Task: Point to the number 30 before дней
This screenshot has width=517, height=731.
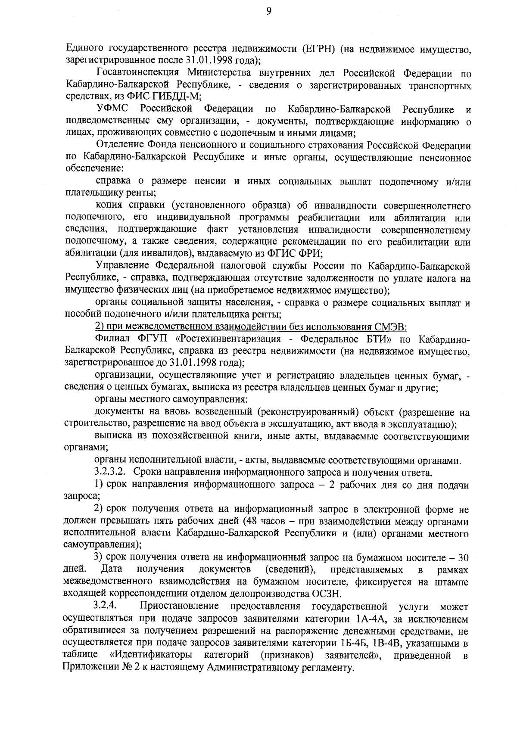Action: [x=463, y=558]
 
